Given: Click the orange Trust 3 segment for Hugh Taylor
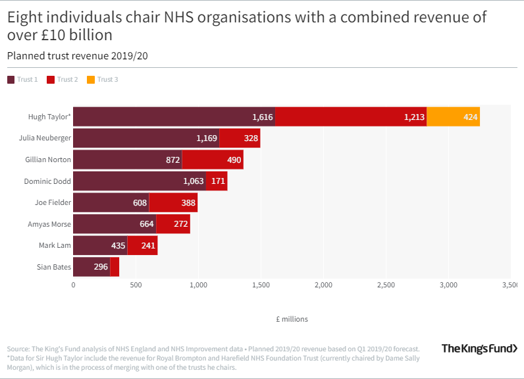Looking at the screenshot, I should click(453, 117).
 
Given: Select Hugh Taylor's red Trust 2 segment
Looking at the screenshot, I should click(350, 117).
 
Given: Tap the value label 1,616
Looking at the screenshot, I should click(262, 117).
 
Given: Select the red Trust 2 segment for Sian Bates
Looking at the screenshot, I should click(115, 267).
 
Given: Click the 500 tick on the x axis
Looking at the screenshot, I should click(136, 285).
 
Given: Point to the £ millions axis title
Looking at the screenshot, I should click(292, 319).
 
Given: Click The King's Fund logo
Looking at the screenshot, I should click(479, 349).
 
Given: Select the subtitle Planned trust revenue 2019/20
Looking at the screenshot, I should click(77, 56).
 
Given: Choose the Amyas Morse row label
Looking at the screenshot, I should click(49, 224).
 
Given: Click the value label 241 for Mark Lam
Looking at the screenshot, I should click(149, 245).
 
